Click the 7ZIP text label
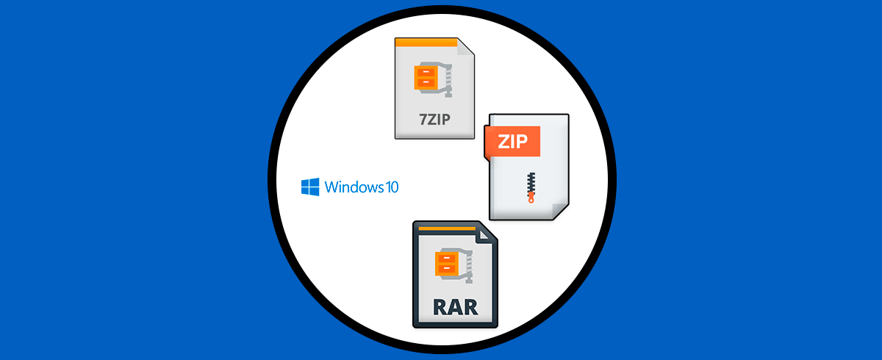[434, 119]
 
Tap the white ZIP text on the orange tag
[513, 142]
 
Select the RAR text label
[456, 307]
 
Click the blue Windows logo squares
[310, 187]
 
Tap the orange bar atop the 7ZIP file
[426, 43]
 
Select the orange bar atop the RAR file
[447, 228]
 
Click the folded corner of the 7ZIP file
[466, 47]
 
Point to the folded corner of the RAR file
[484, 235]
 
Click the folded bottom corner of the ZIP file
[560, 212]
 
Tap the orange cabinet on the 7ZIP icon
[426, 77]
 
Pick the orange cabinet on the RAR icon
[446, 263]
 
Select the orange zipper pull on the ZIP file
[531, 198]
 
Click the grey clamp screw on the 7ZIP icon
[447, 80]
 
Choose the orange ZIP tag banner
[512, 142]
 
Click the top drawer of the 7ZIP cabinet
[426, 73]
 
